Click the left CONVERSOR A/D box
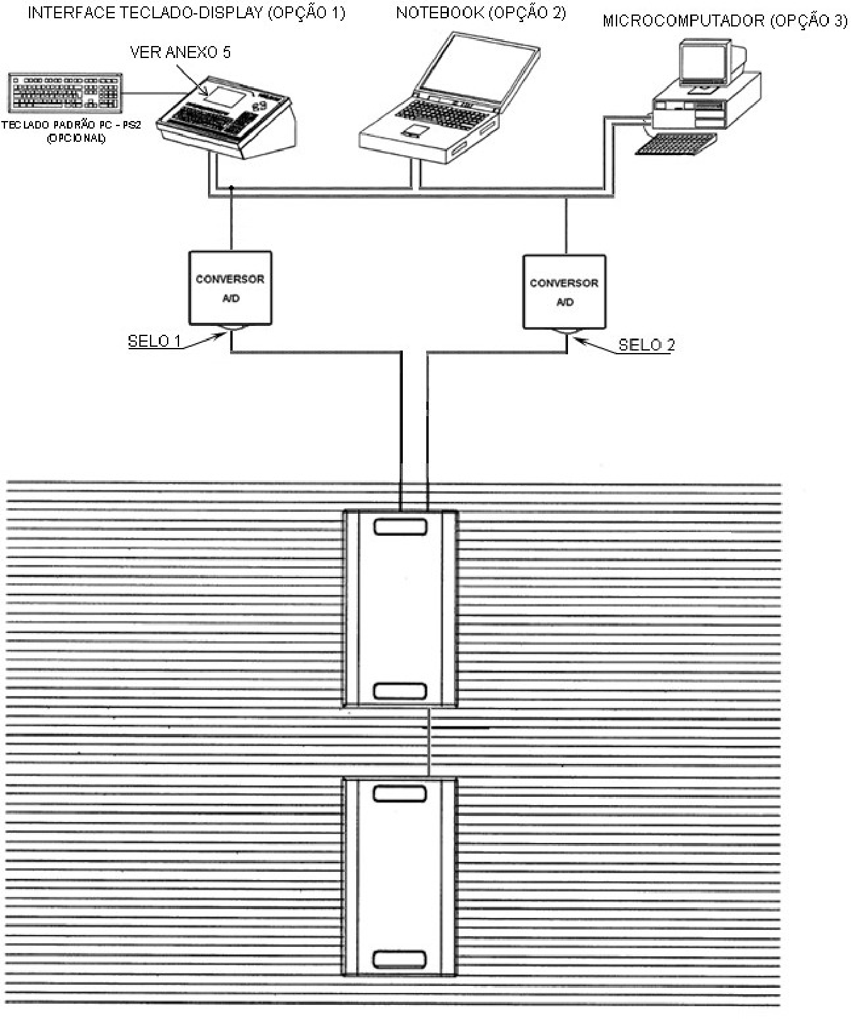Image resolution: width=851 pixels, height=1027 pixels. coord(230,288)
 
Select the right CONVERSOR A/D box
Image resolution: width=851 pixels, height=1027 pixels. coord(564,292)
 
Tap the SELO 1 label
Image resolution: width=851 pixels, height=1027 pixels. coord(154,341)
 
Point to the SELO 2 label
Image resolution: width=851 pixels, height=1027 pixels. coord(646,345)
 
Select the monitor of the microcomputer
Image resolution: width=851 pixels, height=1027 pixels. coord(704,62)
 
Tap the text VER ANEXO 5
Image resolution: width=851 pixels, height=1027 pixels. coord(180,52)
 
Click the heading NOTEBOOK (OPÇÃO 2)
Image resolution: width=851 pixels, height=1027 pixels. coord(481,13)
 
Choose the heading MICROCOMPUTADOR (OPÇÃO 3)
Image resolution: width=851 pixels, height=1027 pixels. coord(725,21)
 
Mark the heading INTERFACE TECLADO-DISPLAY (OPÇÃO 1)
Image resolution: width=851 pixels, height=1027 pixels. coord(187,13)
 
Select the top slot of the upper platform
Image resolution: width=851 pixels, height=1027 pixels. coord(400,527)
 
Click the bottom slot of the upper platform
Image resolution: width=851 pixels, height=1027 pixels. coord(400,691)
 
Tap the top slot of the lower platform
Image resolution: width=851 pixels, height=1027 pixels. coord(400,794)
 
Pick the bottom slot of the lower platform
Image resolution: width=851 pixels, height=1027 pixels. coord(400,959)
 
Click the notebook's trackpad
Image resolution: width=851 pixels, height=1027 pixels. coord(414,131)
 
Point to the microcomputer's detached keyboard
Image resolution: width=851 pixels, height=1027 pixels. coord(676,144)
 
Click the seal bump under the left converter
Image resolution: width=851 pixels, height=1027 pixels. coord(231,328)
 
